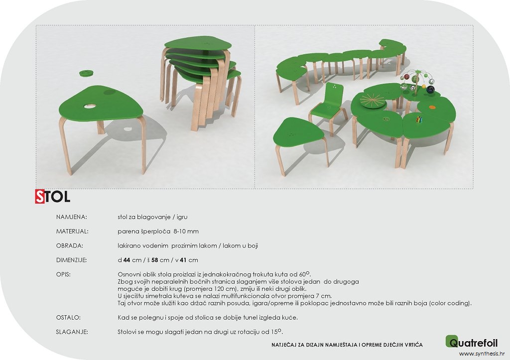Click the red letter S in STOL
(40, 196)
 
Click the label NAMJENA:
(72, 217)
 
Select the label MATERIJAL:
(72, 231)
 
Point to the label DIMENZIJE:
(71, 260)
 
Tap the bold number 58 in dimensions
(154, 260)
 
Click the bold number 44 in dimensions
(127, 260)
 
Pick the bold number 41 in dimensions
(183, 260)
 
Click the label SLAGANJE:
(72, 332)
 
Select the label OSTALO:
(68, 317)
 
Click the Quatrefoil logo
(472, 342)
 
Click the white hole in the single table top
(90, 106)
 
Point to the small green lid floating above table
(87, 73)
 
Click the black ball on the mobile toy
(431, 89)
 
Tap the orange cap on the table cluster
(432, 107)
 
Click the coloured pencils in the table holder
(419, 120)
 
